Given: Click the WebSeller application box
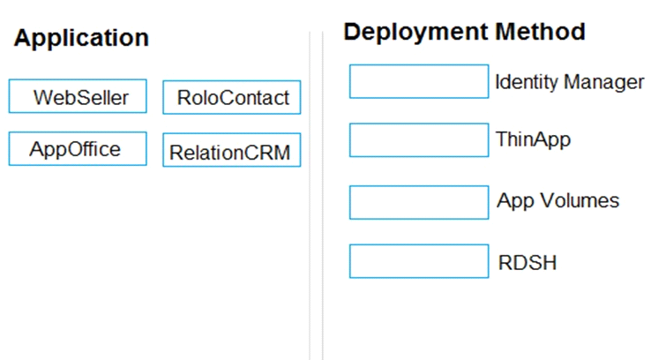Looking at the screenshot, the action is click(78, 96).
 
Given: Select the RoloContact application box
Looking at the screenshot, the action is click(232, 97).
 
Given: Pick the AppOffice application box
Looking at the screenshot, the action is click(78, 148).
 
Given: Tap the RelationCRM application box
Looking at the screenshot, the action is click(232, 150).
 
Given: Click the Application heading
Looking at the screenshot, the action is click(81, 39).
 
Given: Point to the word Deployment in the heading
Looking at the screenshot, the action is click(415, 33).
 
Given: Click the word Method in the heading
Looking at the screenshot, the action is click(540, 32).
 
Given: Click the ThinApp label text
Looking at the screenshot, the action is click(533, 139).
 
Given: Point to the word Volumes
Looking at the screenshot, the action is click(580, 200).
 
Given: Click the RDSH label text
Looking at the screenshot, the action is click(528, 263).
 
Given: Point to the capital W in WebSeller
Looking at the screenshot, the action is click(42, 98).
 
